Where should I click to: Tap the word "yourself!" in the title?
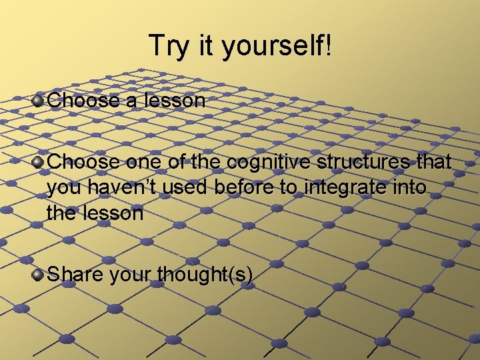275,46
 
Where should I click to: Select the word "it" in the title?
200,46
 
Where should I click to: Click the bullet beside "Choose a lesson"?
39,101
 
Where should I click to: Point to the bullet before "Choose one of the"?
39,162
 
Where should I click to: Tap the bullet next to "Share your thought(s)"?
39,273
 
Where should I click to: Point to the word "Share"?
73,273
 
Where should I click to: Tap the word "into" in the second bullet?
407,187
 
